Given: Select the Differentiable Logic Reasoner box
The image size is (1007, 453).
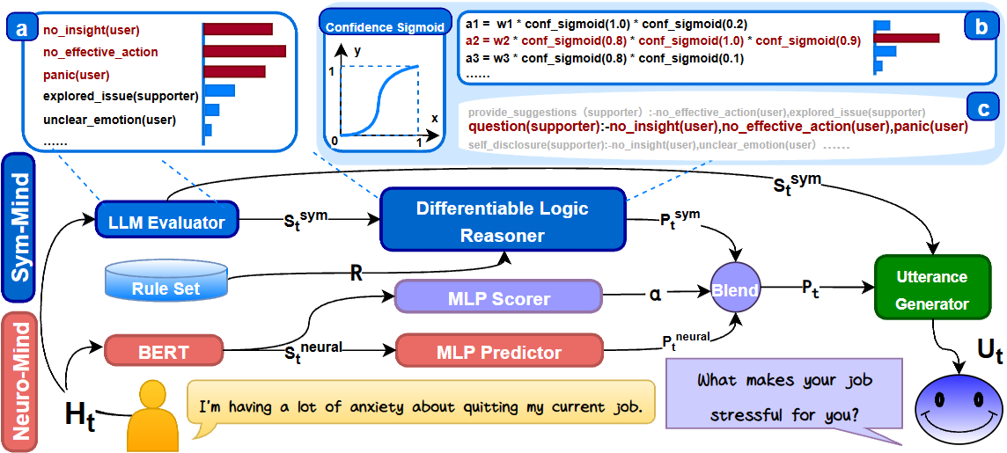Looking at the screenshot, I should tap(502, 222).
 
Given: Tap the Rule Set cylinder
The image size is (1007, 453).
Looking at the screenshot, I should tap(165, 281).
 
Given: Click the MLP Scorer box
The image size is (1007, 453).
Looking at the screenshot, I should tap(498, 298).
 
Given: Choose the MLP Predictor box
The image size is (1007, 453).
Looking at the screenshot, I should tap(499, 352).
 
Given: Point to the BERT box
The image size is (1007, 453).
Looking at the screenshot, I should tap(164, 352).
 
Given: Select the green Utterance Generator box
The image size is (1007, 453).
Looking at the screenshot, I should tap(932, 290).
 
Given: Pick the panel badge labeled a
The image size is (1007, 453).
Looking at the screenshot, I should tap(21, 29).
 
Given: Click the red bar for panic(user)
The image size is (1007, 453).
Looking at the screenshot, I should tap(235, 71).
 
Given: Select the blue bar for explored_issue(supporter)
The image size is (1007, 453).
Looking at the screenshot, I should tap(219, 91).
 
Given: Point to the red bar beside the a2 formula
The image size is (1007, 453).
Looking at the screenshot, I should tap(907, 38).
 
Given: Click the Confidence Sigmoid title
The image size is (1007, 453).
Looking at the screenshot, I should tap(385, 27).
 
